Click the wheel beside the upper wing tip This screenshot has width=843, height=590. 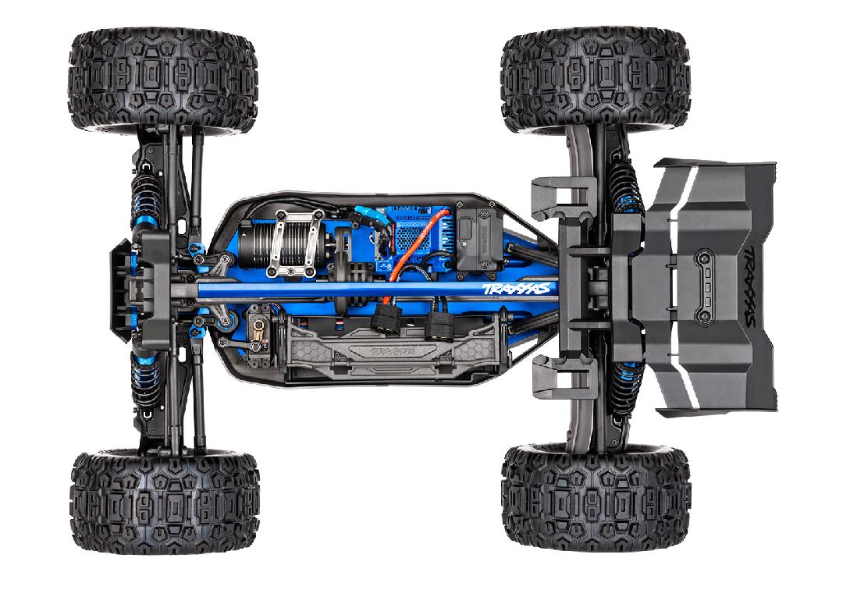(x=595, y=82)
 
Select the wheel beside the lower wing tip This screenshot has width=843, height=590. (x=595, y=496)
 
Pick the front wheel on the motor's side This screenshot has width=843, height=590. (x=162, y=82)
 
